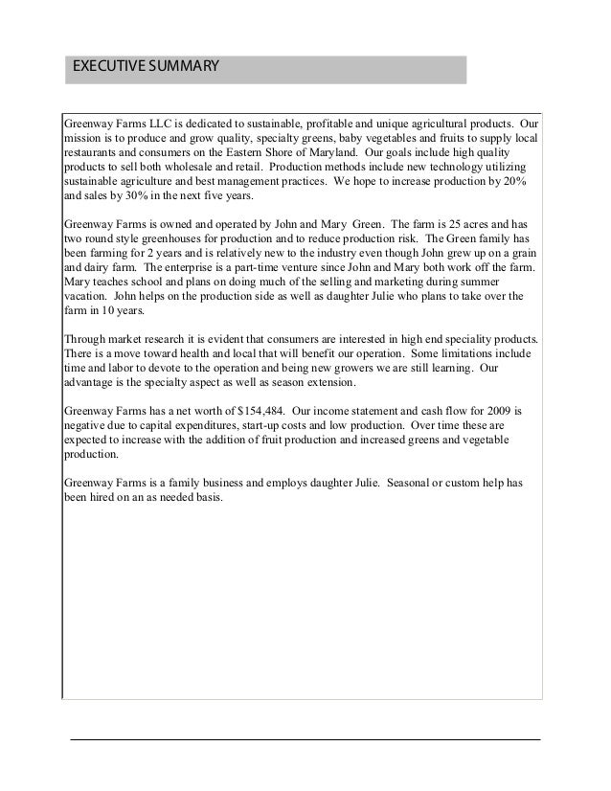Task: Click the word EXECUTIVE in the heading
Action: [101, 67]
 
